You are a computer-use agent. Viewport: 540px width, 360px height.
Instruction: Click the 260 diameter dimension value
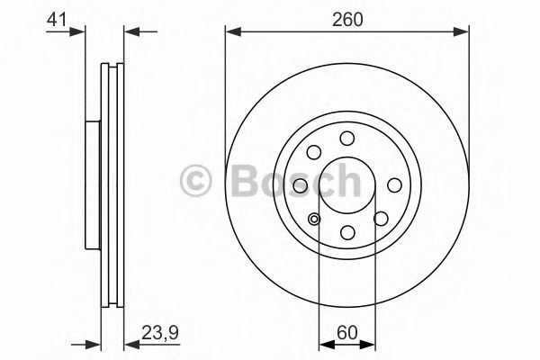[x=347, y=20]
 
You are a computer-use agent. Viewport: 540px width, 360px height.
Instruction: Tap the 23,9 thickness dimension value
[x=160, y=334]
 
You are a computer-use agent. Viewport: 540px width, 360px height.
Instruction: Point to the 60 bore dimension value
[x=347, y=333]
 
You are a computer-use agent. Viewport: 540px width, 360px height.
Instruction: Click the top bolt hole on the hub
[x=347, y=139]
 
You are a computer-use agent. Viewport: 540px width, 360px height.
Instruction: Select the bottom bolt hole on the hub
[x=347, y=232]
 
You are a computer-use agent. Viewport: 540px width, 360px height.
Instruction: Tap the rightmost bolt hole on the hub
[x=394, y=185]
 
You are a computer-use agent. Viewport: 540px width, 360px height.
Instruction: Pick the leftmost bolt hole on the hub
[x=301, y=185]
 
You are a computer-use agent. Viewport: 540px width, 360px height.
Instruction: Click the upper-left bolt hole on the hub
[x=314, y=152]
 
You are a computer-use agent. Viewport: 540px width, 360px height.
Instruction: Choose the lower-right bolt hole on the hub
[x=381, y=219]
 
